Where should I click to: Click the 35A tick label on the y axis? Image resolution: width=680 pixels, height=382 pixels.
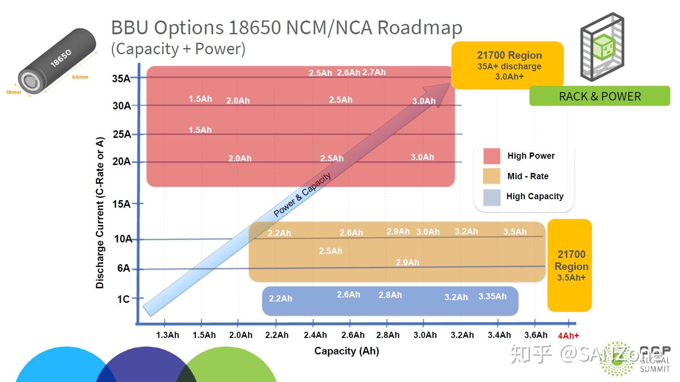(121, 79)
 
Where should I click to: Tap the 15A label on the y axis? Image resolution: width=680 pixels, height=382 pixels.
(122, 204)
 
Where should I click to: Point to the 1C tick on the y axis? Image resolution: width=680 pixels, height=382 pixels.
(123, 299)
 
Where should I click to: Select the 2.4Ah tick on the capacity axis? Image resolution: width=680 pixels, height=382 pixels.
(315, 335)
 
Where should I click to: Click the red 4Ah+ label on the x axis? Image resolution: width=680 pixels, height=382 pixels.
(568, 336)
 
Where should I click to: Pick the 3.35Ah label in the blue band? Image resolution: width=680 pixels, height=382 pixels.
(492, 296)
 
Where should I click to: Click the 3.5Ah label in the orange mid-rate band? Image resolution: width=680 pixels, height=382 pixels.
(515, 232)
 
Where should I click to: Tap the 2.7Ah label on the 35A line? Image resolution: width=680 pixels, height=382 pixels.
(374, 72)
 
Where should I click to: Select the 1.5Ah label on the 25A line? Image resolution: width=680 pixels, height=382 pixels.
(200, 130)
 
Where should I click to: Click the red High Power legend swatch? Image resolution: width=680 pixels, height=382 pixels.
(492, 156)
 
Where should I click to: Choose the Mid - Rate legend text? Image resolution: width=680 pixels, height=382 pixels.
(528, 176)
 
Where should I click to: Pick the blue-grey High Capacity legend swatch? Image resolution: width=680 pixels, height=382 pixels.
(492, 197)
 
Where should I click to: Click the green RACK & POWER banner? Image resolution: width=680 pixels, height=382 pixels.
(599, 96)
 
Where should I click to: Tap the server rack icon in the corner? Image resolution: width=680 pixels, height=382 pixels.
(602, 47)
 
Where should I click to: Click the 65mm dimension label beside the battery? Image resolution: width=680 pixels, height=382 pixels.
(80, 77)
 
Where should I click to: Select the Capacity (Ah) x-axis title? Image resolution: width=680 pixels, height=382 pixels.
(346, 351)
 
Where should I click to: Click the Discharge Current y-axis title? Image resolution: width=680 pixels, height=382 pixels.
(100, 213)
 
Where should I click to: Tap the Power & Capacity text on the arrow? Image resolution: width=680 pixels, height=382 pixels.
(302, 194)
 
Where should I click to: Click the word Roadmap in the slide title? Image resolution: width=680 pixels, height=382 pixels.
(419, 28)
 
